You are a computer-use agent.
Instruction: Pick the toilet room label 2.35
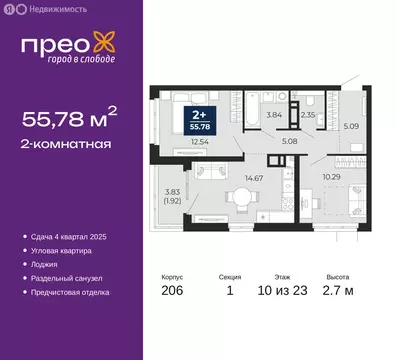[x=309, y=115]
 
